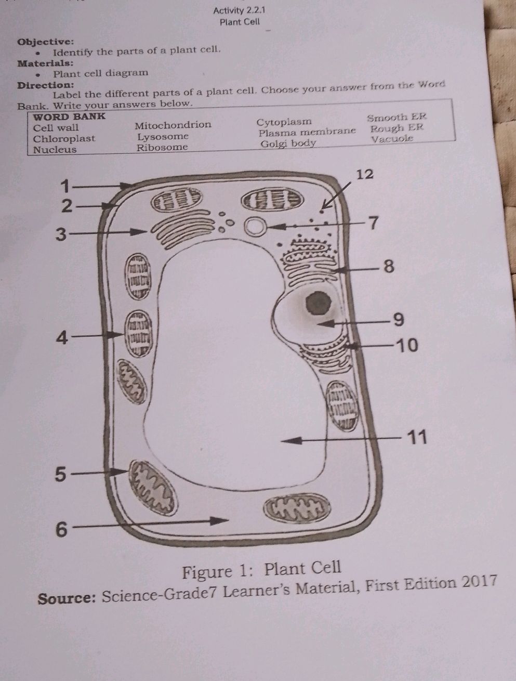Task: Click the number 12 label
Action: pyautogui.click(x=365, y=175)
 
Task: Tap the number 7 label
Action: pyautogui.click(x=374, y=223)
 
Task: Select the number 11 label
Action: pyautogui.click(x=417, y=438)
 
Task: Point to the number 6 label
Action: pyautogui.click(x=61, y=529)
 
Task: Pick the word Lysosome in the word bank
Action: pyautogui.click(x=163, y=137)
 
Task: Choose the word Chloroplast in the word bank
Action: pyautogui.click(x=64, y=138)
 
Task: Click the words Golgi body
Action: pyautogui.click(x=288, y=143)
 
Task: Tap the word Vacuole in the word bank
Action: pyautogui.click(x=392, y=139)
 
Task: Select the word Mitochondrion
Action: pyautogui.click(x=173, y=125)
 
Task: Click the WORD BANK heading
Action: pyautogui.click(x=69, y=116)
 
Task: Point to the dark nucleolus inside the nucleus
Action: pyautogui.click(x=318, y=304)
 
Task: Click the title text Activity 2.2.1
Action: pyautogui.click(x=239, y=11)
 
